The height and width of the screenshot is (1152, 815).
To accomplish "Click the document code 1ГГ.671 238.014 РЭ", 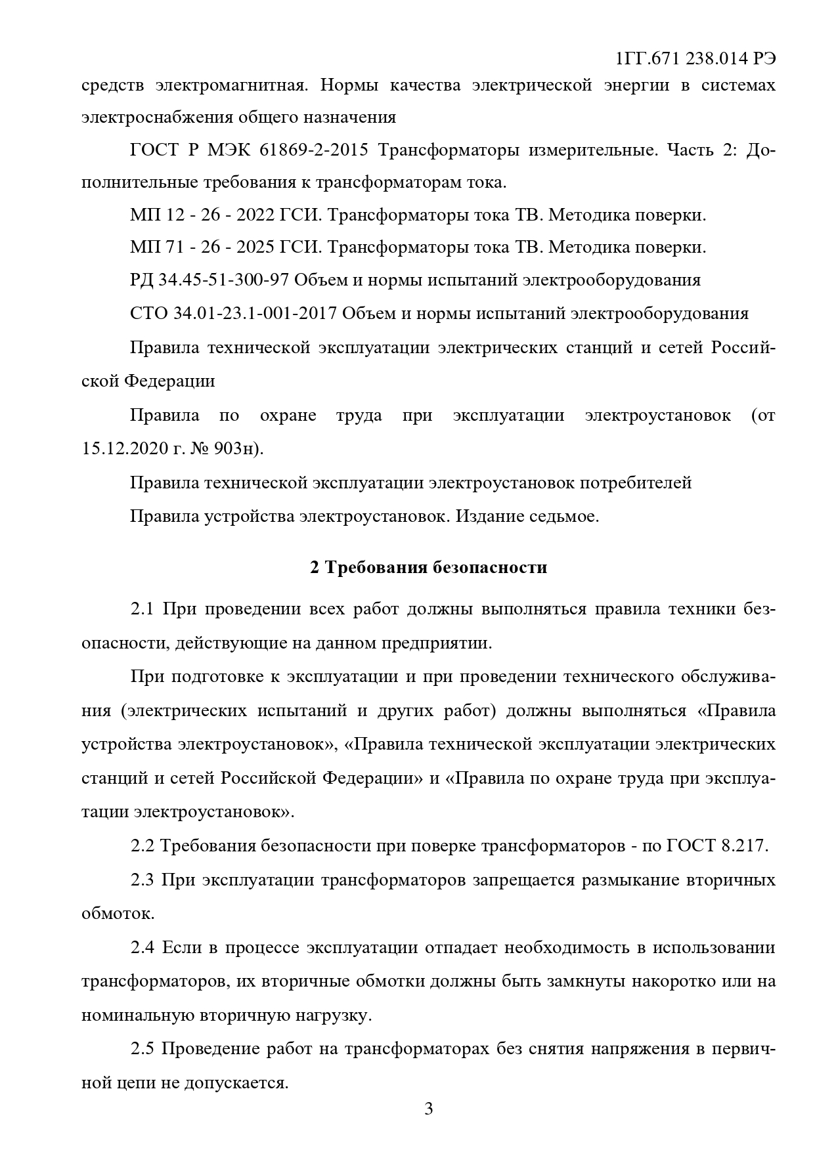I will click(696, 58).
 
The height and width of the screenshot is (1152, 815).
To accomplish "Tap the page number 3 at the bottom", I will click(429, 1109).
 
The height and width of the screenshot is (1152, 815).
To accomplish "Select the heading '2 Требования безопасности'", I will click(428, 567).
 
